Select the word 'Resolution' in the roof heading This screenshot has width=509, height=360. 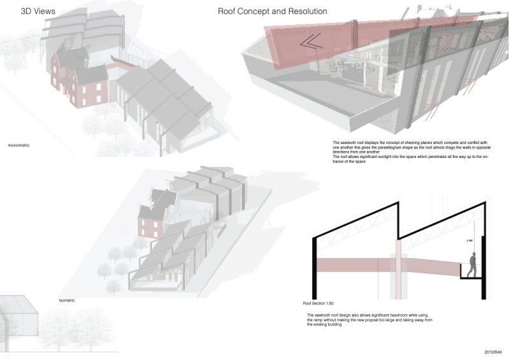point(306,11)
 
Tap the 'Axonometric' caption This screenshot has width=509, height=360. point(19,146)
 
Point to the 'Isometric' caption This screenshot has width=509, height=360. point(67,299)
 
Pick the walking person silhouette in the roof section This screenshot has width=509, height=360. point(472,264)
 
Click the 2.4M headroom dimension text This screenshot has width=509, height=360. point(470,240)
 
